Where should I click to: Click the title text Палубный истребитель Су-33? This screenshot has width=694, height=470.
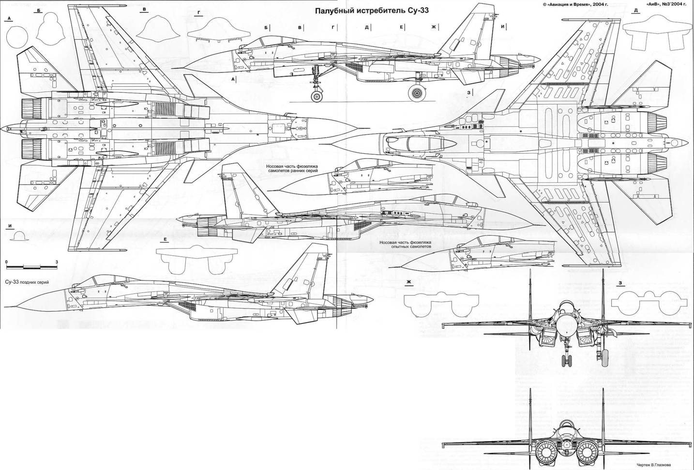[372, 10]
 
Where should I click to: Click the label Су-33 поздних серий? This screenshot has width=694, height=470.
[27, 281]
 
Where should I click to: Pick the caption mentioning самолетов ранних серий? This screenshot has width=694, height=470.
[292, 169]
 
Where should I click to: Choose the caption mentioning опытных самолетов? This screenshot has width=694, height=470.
[405, 244]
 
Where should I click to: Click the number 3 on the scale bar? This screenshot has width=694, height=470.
[57, 262]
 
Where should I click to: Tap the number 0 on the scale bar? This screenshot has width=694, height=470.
[7, 262]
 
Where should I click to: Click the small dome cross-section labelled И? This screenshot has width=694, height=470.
[19, 236]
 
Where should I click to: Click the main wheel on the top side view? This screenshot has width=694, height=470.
[416, 93]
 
